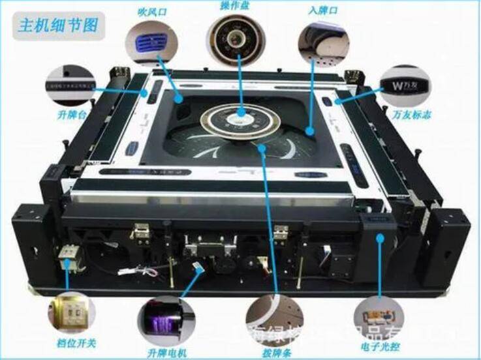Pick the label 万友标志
click(408, 115)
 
